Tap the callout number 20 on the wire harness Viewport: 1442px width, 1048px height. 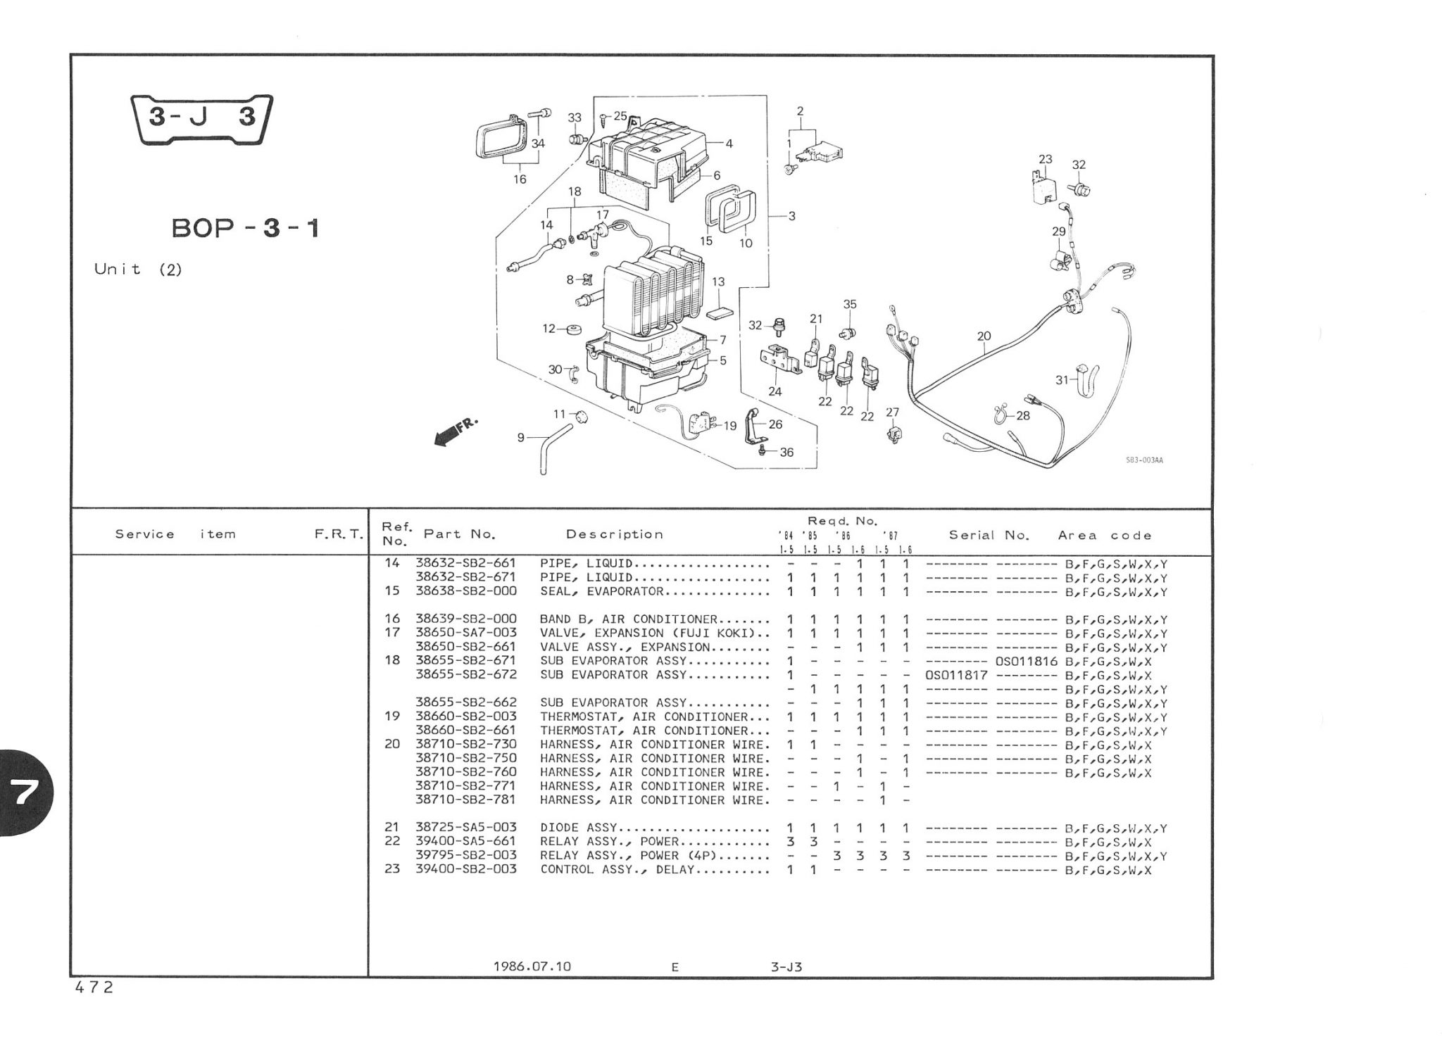(984, 336)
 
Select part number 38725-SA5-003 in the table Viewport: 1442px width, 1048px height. (465, 828)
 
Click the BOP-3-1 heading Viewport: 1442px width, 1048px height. (246, 228)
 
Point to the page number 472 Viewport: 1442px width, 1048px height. (94, 987)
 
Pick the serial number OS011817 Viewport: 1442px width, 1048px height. (956, 675)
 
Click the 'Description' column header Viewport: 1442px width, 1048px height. (614, 534)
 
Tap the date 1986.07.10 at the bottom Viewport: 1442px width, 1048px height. (532, 966)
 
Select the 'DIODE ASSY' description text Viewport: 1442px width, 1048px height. (578, 828)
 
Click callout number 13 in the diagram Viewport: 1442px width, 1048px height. (717, 282)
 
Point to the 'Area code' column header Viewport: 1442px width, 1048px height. (1104, 536)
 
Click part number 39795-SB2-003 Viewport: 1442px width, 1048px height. (465, 855)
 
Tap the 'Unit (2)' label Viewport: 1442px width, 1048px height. (138, 270)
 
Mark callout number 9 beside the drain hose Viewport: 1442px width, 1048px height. (520, 438)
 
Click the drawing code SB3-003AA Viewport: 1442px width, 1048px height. (1144, 460)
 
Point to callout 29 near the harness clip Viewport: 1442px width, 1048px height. (1058, 232)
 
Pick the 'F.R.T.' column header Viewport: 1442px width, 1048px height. (338, 535)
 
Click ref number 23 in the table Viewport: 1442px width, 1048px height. (391, 869)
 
